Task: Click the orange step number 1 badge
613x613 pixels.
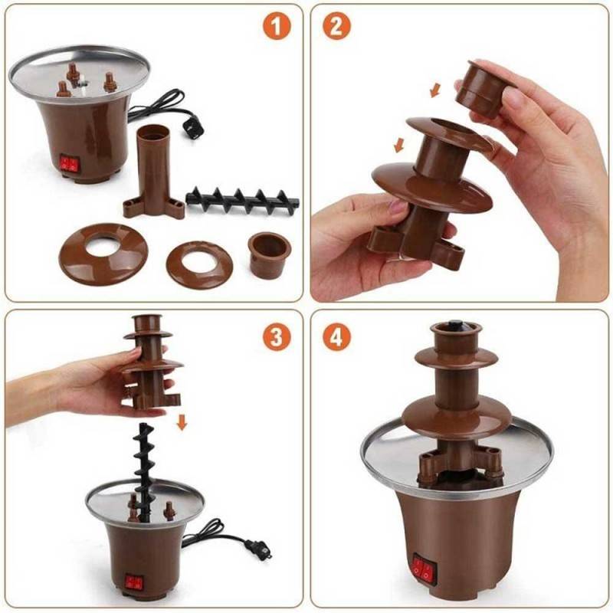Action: tap(277, 26)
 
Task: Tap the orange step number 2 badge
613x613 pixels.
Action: tap(336, 26)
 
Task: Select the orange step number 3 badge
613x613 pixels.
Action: tap(277, 336)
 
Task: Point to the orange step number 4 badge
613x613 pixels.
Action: tap(336, 336)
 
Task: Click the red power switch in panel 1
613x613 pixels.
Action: tap(69, 164)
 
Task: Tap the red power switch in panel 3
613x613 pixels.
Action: tap(134, 582)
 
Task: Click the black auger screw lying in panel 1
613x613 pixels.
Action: tap(242, 200)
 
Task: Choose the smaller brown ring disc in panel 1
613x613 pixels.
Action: tap(199, 264)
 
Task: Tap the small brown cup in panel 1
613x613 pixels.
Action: tap(270, 255)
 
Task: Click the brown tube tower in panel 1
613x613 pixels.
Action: tap(153, 172)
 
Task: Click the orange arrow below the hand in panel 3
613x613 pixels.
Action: tap(182, 422)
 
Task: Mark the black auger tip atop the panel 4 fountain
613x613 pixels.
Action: tap(456, 326)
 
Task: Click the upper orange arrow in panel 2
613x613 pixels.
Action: tap(434, 90)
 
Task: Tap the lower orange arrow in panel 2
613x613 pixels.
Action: tap(398, 144)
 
